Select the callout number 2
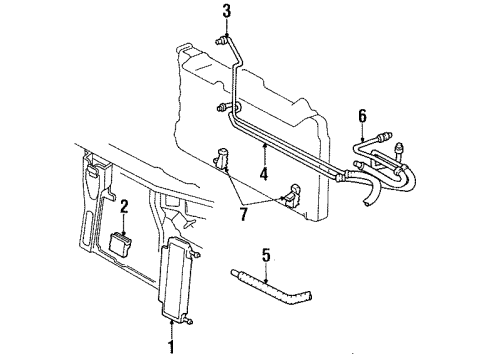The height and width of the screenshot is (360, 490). [x=125, y=207]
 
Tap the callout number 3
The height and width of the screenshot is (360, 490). [x=226, y=11]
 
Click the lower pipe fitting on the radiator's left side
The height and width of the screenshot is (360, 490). [x=223, y=106]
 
